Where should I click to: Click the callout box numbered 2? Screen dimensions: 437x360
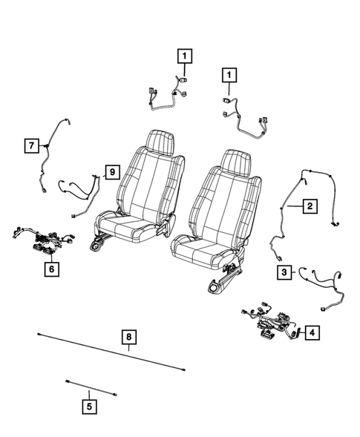[309, 206]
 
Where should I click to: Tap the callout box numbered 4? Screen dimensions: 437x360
[312, 333]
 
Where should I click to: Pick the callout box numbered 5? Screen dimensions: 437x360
[89, 405]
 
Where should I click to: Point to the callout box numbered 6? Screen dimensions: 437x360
[51, 270]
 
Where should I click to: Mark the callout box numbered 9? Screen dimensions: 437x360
[110, 172]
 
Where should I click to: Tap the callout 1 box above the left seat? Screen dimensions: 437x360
[183, 54]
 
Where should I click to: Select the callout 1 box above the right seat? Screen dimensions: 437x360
[229, 75]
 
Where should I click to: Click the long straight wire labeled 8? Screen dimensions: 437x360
[111, 351]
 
